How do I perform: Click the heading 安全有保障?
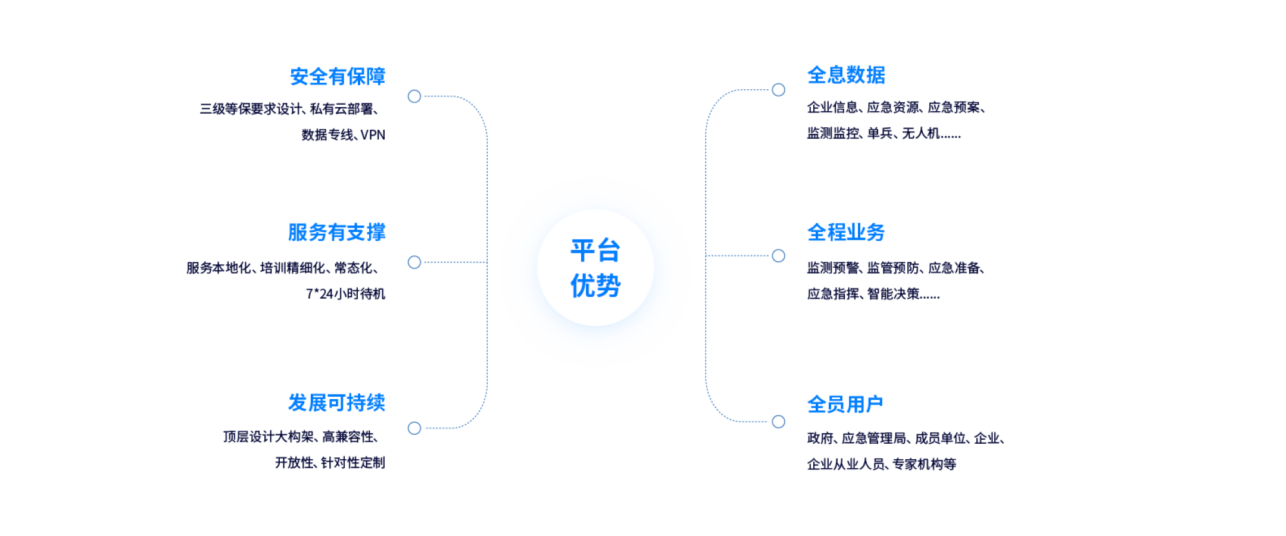[x=338, y=77]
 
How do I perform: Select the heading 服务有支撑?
[x=336, y=233]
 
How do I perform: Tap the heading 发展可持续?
[x=336, y=403]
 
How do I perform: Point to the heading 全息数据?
[x=846, y=75]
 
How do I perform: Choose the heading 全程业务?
[x=846, y=233]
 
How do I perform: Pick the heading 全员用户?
[x=845, y=405]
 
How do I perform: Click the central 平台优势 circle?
[x=595, y=268]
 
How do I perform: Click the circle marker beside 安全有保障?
[x=414, y=96]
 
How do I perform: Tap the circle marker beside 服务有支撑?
[x=414, y=262]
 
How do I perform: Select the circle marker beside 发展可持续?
[x=414, y=428]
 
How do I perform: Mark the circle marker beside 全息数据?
[x=778, y=90]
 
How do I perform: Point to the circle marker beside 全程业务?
[x=778, y=256]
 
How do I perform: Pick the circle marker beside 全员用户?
[x=778, y=422]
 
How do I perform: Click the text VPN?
[x=373, y=135]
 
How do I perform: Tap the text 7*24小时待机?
[x=345, y=294]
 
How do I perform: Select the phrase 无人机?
[x=920, y=133]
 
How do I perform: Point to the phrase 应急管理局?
[x=874, y=438]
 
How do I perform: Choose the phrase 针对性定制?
[x=353, y=463]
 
